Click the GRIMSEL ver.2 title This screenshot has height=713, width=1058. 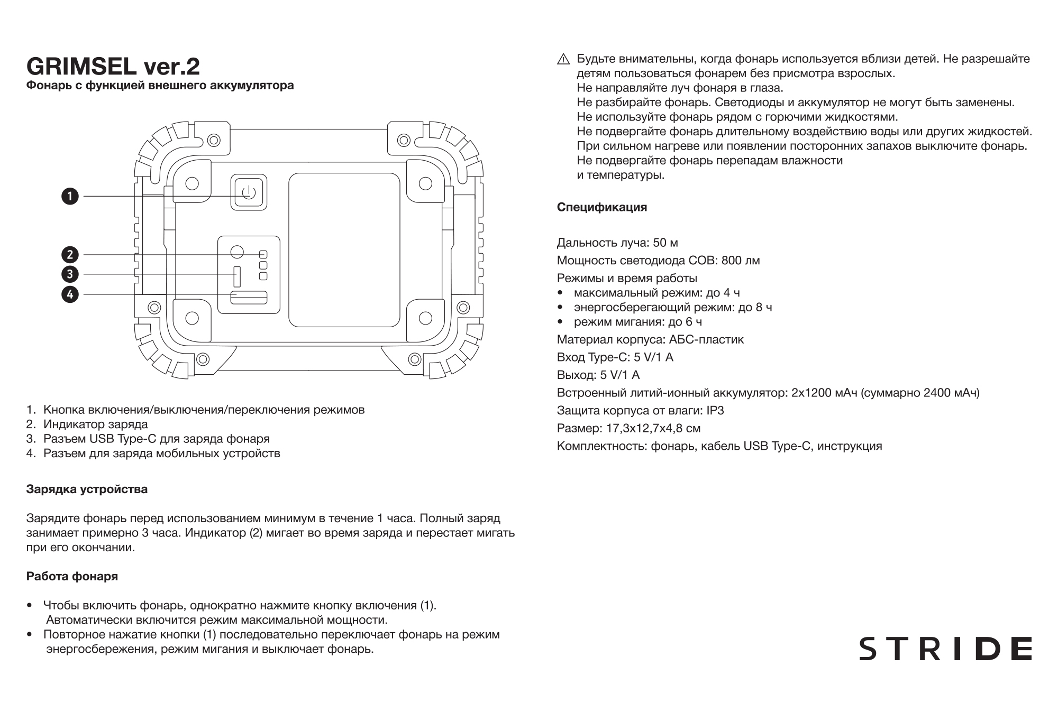(113, 67)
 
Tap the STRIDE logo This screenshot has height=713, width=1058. (945, 649)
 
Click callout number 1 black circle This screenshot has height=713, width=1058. (70, 197)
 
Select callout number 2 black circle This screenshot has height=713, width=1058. (70, 255)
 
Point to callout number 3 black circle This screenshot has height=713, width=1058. (70, 274)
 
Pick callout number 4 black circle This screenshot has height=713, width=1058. (70, 294)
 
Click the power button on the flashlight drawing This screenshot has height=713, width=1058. (249, 193)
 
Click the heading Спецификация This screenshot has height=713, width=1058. (601, 207)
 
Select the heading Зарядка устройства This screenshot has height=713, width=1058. (87, 489)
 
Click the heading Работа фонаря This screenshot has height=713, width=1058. (72, 577)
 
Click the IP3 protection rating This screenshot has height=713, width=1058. (715, 411)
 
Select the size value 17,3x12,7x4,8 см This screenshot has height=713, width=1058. (651, 428)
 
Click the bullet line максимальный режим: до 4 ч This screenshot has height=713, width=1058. (656, 293)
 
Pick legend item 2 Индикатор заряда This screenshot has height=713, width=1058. (95, 424)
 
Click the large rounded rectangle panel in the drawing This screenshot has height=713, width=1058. (344, 250)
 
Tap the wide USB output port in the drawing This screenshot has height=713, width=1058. (249, 298)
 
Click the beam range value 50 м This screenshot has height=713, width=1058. (665, 243)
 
